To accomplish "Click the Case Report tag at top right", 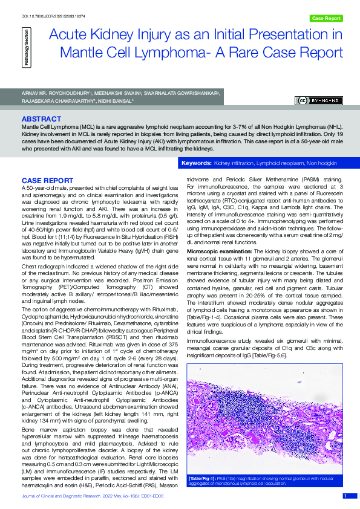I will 326,19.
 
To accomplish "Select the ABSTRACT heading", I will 41,119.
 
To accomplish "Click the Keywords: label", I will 197,164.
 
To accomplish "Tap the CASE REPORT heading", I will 48,181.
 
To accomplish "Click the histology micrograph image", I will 268,420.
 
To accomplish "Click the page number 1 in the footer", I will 345,496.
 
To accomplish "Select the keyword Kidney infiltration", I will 234,164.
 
